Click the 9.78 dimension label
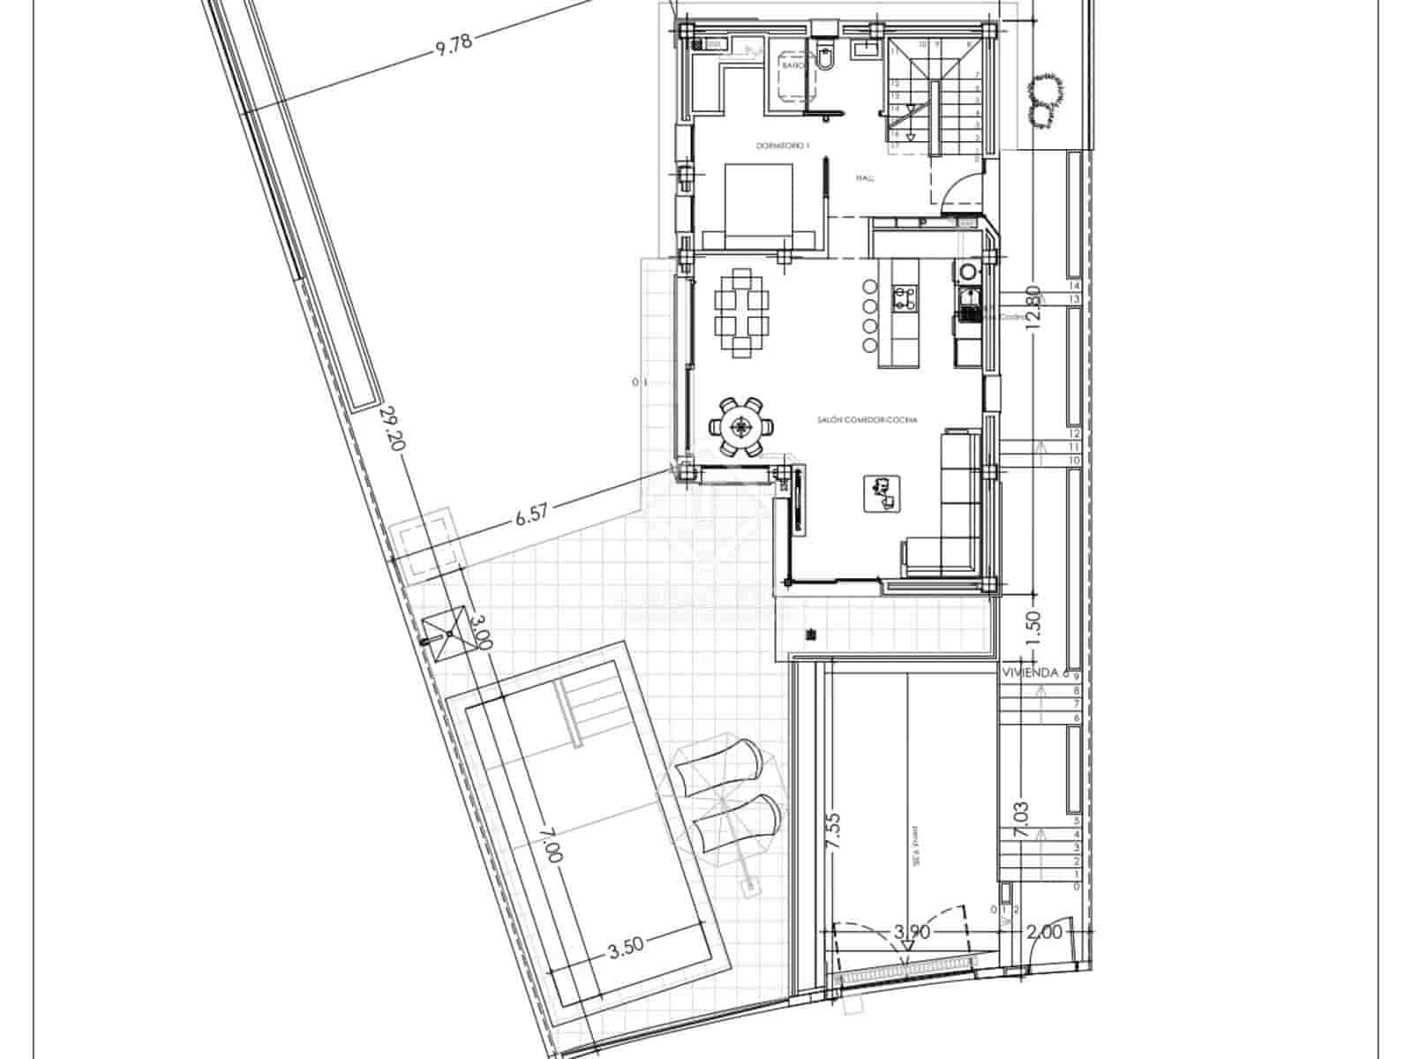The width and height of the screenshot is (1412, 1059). (454, 45)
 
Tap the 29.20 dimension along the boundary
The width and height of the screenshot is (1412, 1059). (391, 430)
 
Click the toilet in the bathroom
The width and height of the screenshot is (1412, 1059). (826, 55)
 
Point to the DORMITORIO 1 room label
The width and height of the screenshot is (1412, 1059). (782, 146)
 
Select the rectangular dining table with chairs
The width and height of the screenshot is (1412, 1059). (740, 312)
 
